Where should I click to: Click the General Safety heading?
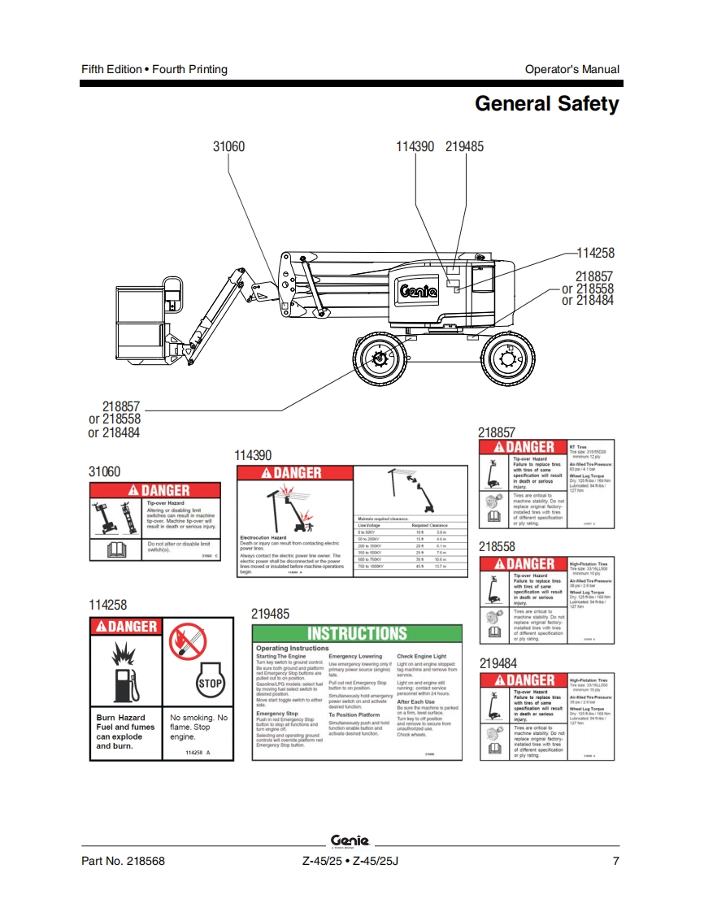point(546,104)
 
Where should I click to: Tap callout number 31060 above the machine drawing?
point(228,147)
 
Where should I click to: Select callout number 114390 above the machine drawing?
point(415,147)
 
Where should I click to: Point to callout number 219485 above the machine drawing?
point(464,147)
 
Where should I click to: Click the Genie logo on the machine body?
point(418,290)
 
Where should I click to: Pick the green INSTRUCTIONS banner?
point(357,634)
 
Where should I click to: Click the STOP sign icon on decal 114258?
point(210,684)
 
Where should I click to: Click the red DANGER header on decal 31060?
point(154,491)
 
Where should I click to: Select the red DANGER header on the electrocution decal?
point(293,473)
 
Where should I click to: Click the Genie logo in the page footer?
point(351,840)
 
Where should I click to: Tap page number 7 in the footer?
point(615,862)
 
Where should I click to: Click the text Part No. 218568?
point(123,862)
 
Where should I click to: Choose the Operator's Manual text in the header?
point(571,69)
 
